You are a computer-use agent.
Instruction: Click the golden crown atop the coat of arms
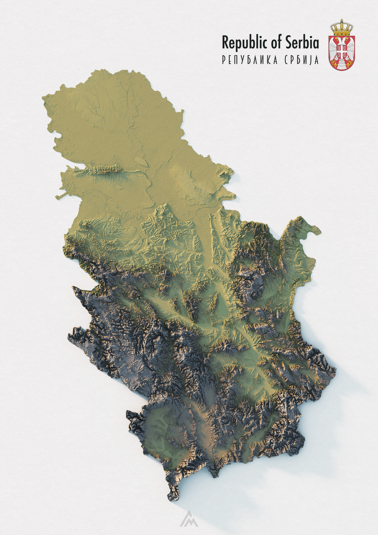[342, 30]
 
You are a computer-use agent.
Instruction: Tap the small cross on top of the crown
[342, 20]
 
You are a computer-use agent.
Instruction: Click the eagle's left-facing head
[338, 40]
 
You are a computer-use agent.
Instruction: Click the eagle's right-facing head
[345, 40]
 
